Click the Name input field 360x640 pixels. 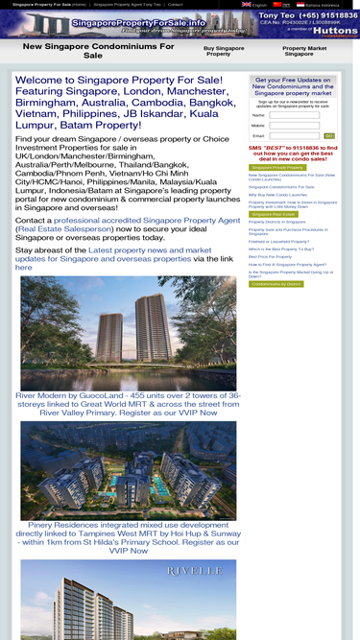295,115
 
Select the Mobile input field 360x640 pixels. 295,126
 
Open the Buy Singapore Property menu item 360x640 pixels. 224,51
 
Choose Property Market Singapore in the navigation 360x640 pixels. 305,51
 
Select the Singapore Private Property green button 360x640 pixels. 277,167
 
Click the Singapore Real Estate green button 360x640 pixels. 274,214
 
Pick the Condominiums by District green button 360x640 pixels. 277,284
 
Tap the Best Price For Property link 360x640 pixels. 270,256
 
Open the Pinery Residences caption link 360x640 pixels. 128,537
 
